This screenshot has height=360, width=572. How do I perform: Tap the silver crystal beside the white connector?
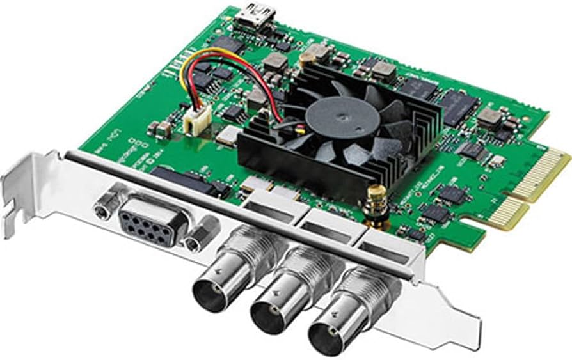(227, 134)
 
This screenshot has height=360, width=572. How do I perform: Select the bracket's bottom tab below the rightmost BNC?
(448, 333)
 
